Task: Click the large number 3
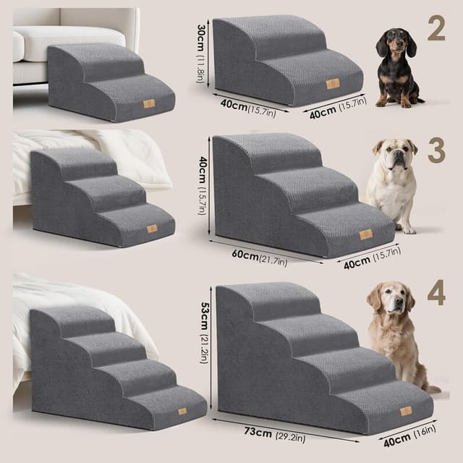click(x=436, y=149)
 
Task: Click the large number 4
click(x=436, y=293)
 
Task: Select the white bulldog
click(x=392, y=184)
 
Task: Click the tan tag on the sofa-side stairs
click(x=149, y=103)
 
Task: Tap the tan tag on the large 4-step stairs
click(x=406, y=411)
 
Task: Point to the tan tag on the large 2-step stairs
click(x=332, y=84)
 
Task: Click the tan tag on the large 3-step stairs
click(x=365, y=234)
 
